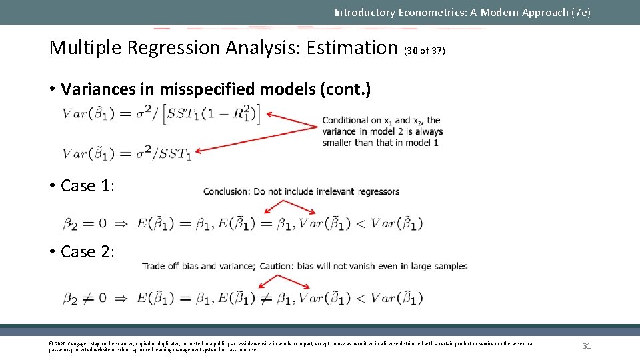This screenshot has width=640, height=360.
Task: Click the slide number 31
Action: pos(587,346)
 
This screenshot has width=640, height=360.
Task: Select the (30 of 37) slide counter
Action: pos(425,51)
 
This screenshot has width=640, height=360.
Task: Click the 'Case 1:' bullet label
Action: pos(87,185)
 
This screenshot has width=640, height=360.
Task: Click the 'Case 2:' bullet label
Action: pos(87,251)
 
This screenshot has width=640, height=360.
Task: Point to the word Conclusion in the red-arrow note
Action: pos(227,191)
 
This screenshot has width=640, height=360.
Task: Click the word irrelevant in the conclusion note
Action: pos(331,191)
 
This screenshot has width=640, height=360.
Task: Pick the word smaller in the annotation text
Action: pos(337,143)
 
